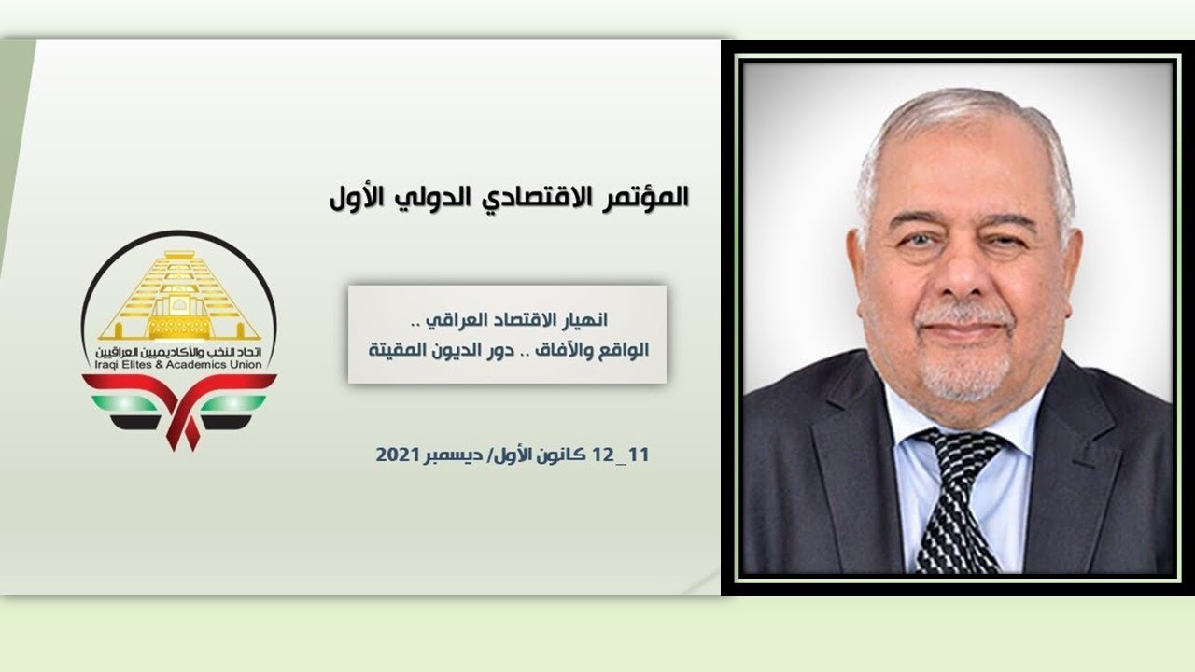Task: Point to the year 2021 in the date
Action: pos(396,455)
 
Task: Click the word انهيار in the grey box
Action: pos(584,320)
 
